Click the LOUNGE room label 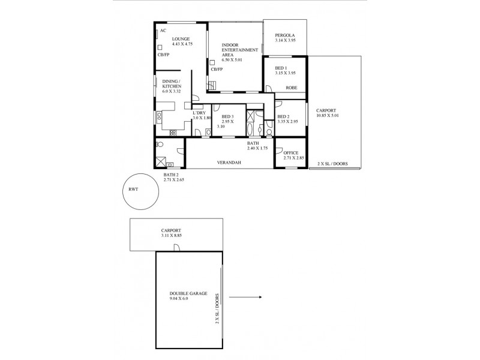coord(164,39)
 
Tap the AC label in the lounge coord(163,30)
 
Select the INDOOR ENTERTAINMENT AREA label coord(235,50)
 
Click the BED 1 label coord(282,68)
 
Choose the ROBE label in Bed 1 coord(291,88)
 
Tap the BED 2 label coord(284,116)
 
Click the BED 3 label coord(227,116)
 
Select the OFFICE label coord(291,152)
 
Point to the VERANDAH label coord(229,163)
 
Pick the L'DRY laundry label coord(199,113)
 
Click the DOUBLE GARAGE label coord(188,293)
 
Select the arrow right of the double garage coord(246,297)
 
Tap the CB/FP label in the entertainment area coord(217,69)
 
